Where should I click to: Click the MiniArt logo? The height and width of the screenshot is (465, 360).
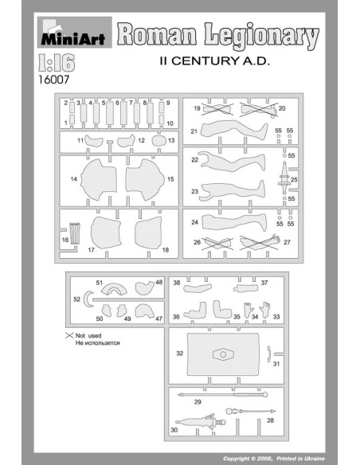click(x=74, y=32)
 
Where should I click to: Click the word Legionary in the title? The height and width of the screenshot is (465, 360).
click(x=261, y=36)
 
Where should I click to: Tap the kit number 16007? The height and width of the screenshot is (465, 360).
click(x=53, y=80)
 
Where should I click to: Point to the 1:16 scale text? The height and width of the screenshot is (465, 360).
click(x=57, y=63)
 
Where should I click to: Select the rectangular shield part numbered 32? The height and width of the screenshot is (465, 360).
click(x=223, y=354)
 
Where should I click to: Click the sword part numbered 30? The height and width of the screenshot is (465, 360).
click(x=201, y=421)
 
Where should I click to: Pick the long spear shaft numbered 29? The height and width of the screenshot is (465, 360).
click(x=223, y=395)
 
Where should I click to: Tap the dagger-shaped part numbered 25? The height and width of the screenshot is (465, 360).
click(x=284, y=178)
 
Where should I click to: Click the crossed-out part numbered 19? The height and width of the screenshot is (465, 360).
click(x=217, y=109)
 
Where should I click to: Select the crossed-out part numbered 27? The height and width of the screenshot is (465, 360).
click(x=260, y=243)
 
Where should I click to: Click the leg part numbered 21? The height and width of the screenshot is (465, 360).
click(x=233, y=130)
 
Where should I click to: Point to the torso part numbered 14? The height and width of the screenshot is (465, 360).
click(x=99, y=179)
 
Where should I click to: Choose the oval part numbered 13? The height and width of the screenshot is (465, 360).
click(x=159, y=141)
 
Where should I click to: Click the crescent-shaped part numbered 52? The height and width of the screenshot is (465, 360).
click(x=88, y=299)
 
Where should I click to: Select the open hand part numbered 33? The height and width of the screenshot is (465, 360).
click(x=264, y=310)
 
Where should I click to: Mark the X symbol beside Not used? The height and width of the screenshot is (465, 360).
click(x=69, y=335)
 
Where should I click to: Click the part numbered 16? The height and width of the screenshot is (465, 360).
click(x=75, y=233)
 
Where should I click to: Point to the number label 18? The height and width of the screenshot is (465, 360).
click(x=166, y=250)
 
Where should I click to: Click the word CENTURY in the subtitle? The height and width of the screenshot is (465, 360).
click(x=205, y=61)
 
